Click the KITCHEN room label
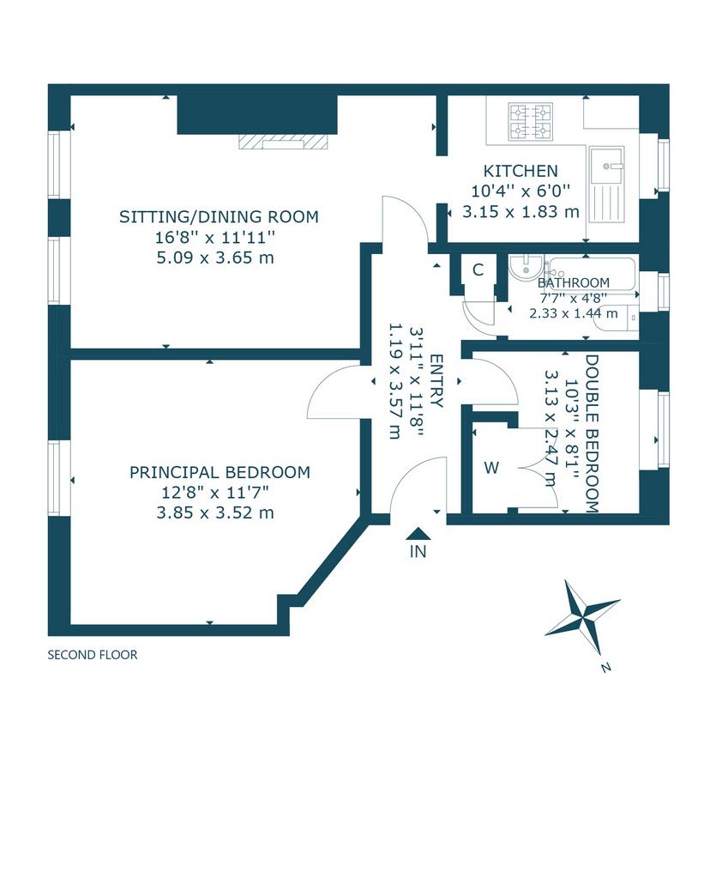(520, 171)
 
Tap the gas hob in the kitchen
(530, 121)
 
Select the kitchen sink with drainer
(606, 185)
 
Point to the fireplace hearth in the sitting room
(281, 142)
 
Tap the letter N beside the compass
(605, 666)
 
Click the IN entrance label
(418, 552)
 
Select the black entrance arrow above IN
(418, 533)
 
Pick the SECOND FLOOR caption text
(93, 655)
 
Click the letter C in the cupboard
(478, 270)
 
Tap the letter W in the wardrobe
(491, 468)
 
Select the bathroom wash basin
(526, 269)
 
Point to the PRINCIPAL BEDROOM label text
(220, 473)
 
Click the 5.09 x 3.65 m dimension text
(215, 258)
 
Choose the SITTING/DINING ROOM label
(219, 217)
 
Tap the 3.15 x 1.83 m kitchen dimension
(520, 212)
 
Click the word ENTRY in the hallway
(436, 381)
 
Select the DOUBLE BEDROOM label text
(592, 433)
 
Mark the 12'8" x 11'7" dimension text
(215, 493)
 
